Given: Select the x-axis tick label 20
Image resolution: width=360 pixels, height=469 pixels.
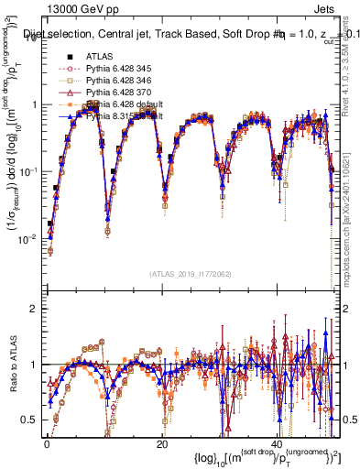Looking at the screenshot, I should pos(162,442).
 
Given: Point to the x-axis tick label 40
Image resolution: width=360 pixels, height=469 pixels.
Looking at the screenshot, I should pos(277,442).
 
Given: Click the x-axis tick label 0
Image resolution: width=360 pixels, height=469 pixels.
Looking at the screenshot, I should pos(47,442).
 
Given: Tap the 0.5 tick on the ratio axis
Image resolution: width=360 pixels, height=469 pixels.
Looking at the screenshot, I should pos(30,420).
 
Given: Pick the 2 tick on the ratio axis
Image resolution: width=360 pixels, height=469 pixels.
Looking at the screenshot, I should pos(34,309).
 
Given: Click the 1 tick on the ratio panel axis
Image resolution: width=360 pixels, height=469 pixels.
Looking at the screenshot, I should pos(34,365).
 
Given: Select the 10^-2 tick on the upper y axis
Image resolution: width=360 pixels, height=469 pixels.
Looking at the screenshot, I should pos(27,239).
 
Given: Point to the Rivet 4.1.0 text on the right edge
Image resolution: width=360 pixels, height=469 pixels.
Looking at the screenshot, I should pos(352,55).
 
